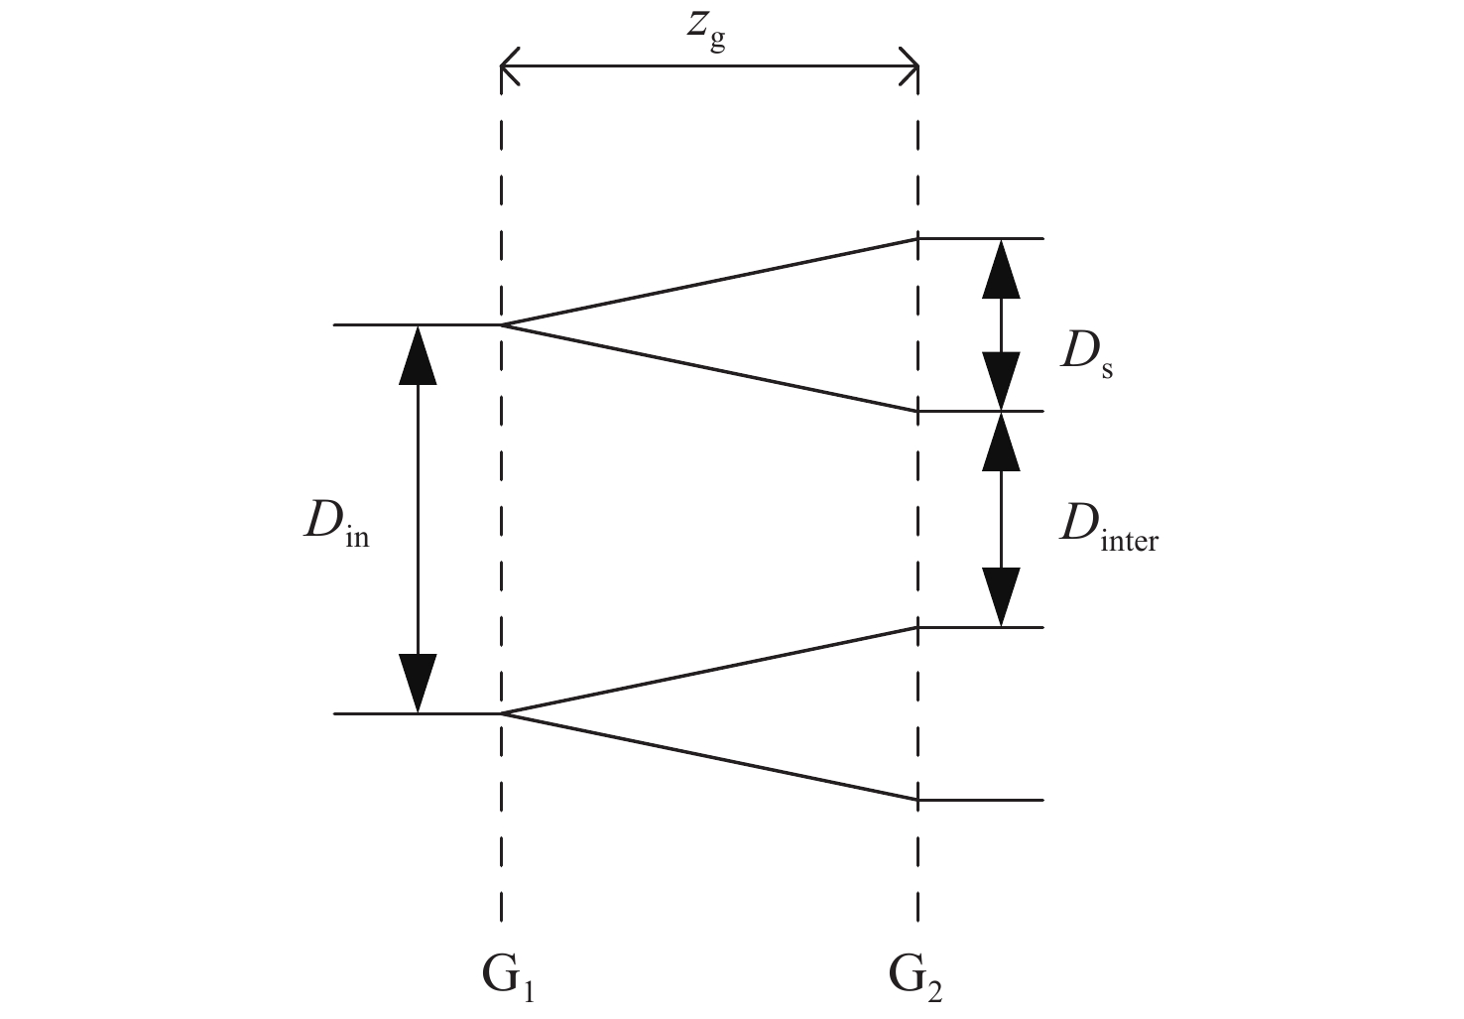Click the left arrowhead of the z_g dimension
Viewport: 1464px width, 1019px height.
(509, 66)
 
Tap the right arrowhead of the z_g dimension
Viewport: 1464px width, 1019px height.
(911, 66)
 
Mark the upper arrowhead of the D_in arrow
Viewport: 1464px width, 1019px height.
(418, 353)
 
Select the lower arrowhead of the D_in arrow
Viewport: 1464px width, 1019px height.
(418, 685)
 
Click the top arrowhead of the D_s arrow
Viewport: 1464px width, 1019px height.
(1001, 268)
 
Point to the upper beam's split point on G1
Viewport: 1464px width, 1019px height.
(502, 324)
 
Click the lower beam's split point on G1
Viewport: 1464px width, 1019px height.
(502, 713)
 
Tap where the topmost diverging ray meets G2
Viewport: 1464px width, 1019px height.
(917, 239)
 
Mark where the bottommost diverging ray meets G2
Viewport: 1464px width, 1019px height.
(917, 799)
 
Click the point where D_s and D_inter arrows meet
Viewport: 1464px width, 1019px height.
(1001, 411)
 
